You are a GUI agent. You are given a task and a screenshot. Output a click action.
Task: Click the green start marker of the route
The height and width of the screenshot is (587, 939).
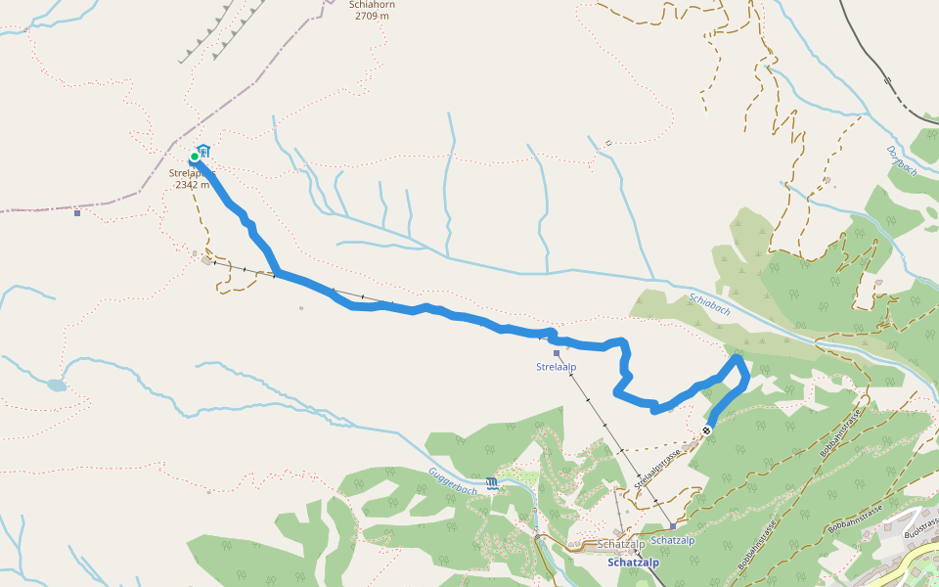click(195, 156)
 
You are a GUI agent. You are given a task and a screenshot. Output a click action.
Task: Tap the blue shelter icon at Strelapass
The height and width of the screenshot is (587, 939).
click(203, 151)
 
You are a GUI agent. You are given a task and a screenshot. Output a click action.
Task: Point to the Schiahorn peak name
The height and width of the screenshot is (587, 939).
click(371, 5)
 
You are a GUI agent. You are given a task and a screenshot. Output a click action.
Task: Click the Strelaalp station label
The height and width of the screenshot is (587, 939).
click(556, 367)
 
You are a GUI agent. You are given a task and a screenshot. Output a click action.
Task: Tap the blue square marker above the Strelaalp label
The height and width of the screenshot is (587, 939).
click(556, 353)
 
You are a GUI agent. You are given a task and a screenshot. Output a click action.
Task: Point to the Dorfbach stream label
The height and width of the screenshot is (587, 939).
click(901, 162)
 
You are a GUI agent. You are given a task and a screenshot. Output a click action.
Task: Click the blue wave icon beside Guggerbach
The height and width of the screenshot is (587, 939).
click(491, 482)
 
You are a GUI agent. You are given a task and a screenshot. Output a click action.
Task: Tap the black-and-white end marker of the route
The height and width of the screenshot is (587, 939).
click(706, 429)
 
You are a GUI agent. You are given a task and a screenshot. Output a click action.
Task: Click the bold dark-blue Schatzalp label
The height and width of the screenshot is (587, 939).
click(633, 563)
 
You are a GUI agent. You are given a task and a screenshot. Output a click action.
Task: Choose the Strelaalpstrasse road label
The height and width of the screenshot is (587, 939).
click(656, 469)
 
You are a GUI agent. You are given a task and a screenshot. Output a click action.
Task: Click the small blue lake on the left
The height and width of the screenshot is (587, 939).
click(57, 385)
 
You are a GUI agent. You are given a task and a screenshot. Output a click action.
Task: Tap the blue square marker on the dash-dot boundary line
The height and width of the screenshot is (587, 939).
click(77, 212)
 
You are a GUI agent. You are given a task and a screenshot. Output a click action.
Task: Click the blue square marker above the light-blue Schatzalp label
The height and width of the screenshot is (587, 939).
click(673, 526)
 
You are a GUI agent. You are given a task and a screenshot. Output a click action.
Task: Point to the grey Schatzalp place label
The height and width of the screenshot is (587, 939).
click(617, 544)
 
